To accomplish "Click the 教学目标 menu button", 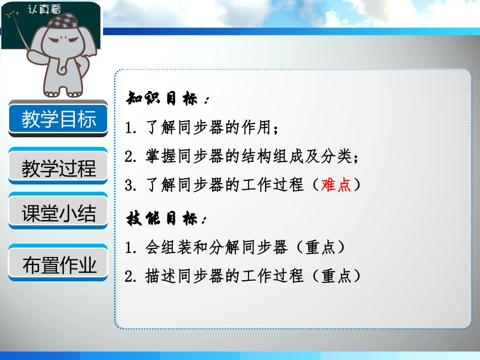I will click(59, 119).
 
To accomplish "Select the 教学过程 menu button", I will click(59, 168).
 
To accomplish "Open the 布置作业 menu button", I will click(59, 265).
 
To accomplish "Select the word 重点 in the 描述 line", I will click(335, 276).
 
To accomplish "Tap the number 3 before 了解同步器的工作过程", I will click(129, 185).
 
